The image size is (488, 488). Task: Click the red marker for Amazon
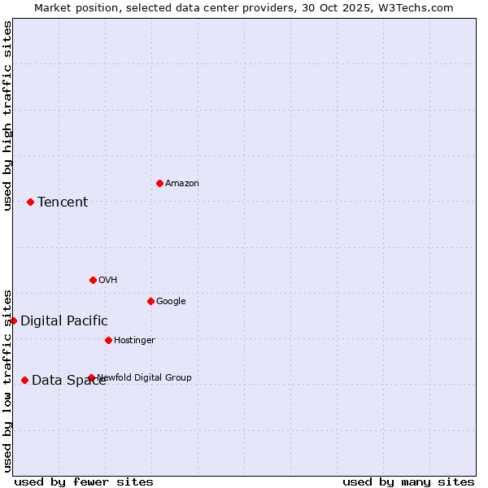pos(159,183)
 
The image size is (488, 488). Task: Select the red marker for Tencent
pos(30,202)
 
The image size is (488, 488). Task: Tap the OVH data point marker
pos(93,280)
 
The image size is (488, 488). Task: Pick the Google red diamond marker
pos(150,301)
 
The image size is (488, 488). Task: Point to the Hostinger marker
pos(108,340)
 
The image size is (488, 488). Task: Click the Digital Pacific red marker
pos(13,320)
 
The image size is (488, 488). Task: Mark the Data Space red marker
pos(24,380)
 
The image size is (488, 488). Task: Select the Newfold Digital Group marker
pos(91,377)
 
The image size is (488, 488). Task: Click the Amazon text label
pos(182,184)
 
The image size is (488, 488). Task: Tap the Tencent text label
pos(63,203)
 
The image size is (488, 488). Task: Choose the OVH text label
pos(108,281)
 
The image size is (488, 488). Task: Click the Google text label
pos(171,302)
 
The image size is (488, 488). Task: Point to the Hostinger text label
pos(134,341)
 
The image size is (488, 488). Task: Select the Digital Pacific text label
pos(64,321)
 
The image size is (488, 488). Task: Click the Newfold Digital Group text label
pos(145,377)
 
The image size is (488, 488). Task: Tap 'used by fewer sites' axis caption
pos(84,481)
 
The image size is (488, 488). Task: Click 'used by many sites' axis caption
pos(408,481)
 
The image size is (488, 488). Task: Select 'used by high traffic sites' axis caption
pos(7,115)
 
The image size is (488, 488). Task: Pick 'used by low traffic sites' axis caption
pos(7,380)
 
